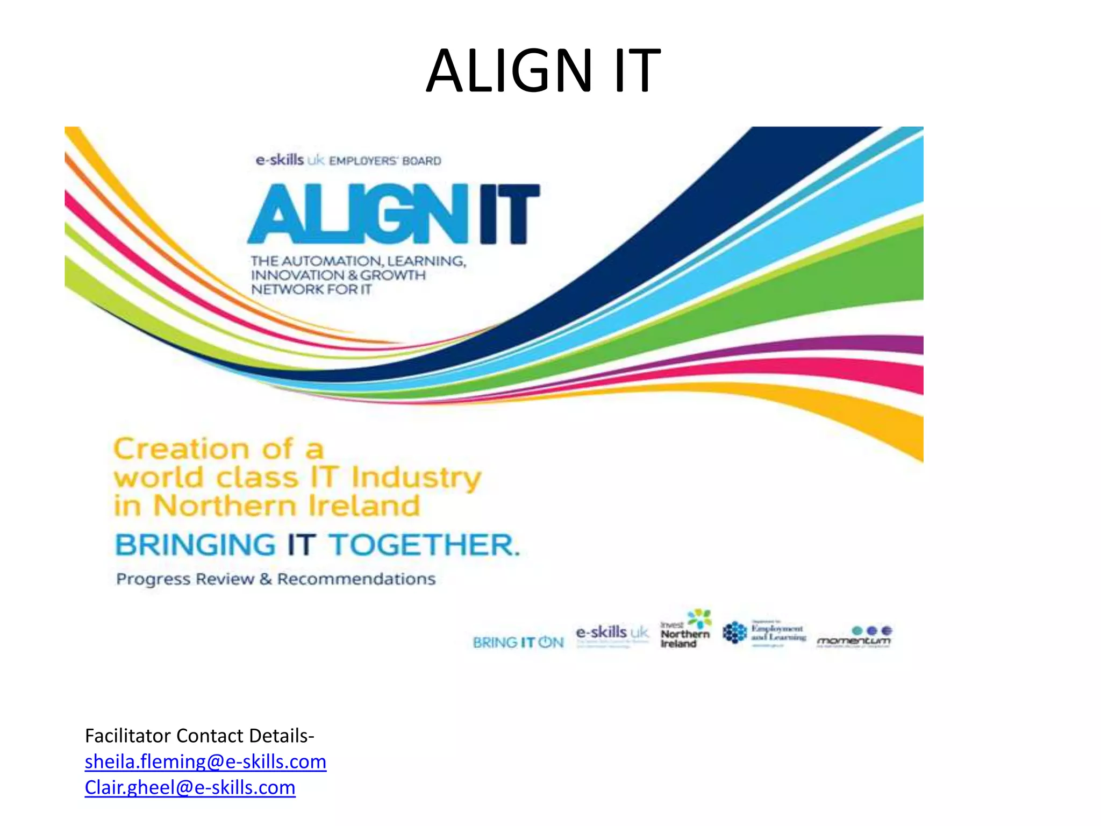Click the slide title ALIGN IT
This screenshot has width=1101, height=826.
tap(543, 71)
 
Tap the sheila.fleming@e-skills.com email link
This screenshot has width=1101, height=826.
tap(205, 761)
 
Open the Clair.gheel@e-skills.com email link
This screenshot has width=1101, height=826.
tap(190, 787)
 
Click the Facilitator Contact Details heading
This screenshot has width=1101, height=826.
tap(199, 736)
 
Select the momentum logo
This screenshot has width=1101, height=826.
tap(854, 637)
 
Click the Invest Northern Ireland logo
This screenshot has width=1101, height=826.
tap(685, 629)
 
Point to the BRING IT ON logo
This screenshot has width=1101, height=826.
tap(518, 642)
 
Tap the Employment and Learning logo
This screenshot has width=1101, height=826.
tap(764, 633)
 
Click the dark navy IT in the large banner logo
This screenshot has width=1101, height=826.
tap(509, 214)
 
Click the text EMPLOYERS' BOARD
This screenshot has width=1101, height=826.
tap(385, 161)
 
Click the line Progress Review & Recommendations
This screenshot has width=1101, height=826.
tap(276, 579)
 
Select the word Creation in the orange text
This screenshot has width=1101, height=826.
tap(181, 448)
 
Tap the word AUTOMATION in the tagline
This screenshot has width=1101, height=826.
tap(332, 261)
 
